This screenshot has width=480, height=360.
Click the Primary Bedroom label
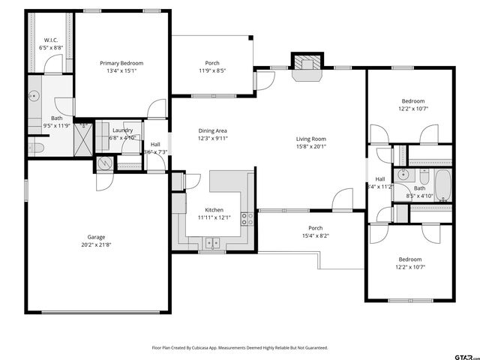pyautogui.click(x=121, y=63)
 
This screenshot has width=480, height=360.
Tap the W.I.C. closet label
pyautogui.click(x=51, y=40)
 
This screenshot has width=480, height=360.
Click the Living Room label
pyautogui.click(x=310, y=139)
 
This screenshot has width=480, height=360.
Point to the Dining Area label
pyautogui.click(x=212, y=130)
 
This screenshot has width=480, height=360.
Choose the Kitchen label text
pyautogui.click(x=214, y=210)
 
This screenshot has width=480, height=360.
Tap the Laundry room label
pyautogui.click(x=122, y=130)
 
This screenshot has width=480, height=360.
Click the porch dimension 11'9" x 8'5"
pyautogui.click(x=212, y=71)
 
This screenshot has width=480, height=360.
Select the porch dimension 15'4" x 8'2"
pyautogui.click(x=316, y=235)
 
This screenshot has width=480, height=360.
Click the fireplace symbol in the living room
pyautogui.click(x=305, y=63)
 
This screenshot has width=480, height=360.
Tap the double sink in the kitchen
pyautogui.click(x=213, y=242)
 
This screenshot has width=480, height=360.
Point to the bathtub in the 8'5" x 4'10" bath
pyautogui.click(x=442, y=184)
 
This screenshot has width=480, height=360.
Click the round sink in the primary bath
pyautogui.click(x=34, y=96)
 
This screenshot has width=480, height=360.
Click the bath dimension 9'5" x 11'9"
pyautogui.click(x=57, y=126)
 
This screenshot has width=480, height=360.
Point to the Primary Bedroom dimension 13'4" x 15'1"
pyautogui.click(x=121, y=72)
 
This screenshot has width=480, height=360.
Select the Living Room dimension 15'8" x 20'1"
pyautogui.click(x=310, y=147)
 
